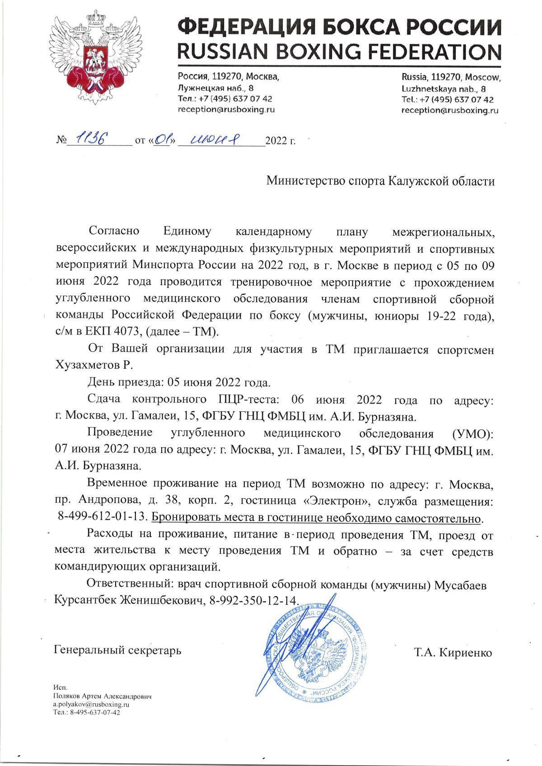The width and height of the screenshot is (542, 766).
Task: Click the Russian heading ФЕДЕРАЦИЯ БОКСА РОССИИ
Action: tap(339, 26)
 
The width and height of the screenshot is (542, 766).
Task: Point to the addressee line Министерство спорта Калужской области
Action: tap(380, 181)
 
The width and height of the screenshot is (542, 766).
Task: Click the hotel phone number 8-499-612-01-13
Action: tap(103, 518)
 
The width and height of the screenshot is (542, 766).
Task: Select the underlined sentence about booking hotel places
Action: tap(316, 518)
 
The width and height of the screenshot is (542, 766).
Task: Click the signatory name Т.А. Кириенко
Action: tap(453, 653)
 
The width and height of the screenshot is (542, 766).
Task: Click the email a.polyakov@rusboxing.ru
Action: tap(92, 704)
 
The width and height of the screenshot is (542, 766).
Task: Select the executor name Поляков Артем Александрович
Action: tap(102, 696)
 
